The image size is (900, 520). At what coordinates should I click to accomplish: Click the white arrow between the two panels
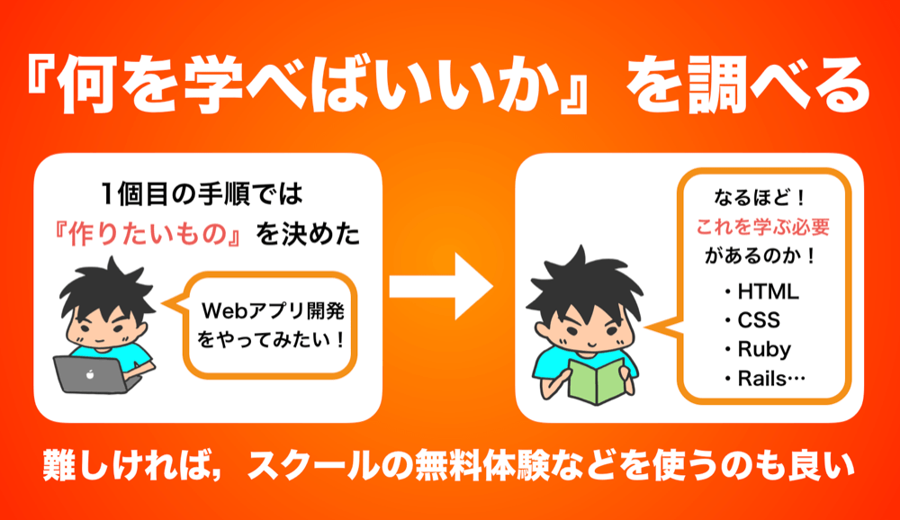click(441, 286)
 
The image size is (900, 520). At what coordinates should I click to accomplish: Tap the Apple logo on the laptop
click(89, 374)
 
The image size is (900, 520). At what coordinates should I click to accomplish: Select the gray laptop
click(94, 374)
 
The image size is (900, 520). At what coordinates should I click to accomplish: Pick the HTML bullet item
click(761, 291)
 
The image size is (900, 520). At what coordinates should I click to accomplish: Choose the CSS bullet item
click(752, 320)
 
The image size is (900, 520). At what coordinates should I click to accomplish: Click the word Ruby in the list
click(764, 349)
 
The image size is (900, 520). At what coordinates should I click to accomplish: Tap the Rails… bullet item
click(765, 378)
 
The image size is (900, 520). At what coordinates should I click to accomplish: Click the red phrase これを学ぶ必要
click(763, 228)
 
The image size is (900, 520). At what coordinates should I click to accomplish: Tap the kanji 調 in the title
click(715, 85)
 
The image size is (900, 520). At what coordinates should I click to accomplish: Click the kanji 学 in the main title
click(210, 85)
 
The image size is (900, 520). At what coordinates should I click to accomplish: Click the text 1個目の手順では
click(201, 194)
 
